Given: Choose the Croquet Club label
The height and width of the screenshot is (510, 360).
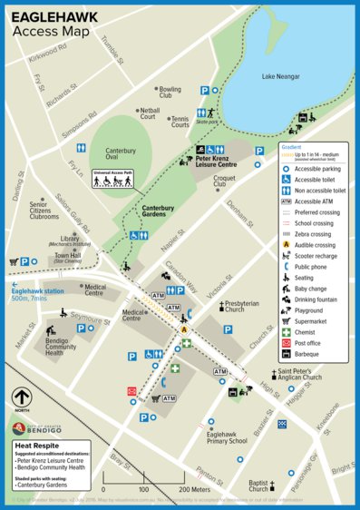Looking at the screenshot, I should [224, 181].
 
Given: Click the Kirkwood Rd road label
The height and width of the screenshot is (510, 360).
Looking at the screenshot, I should [46, 55].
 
